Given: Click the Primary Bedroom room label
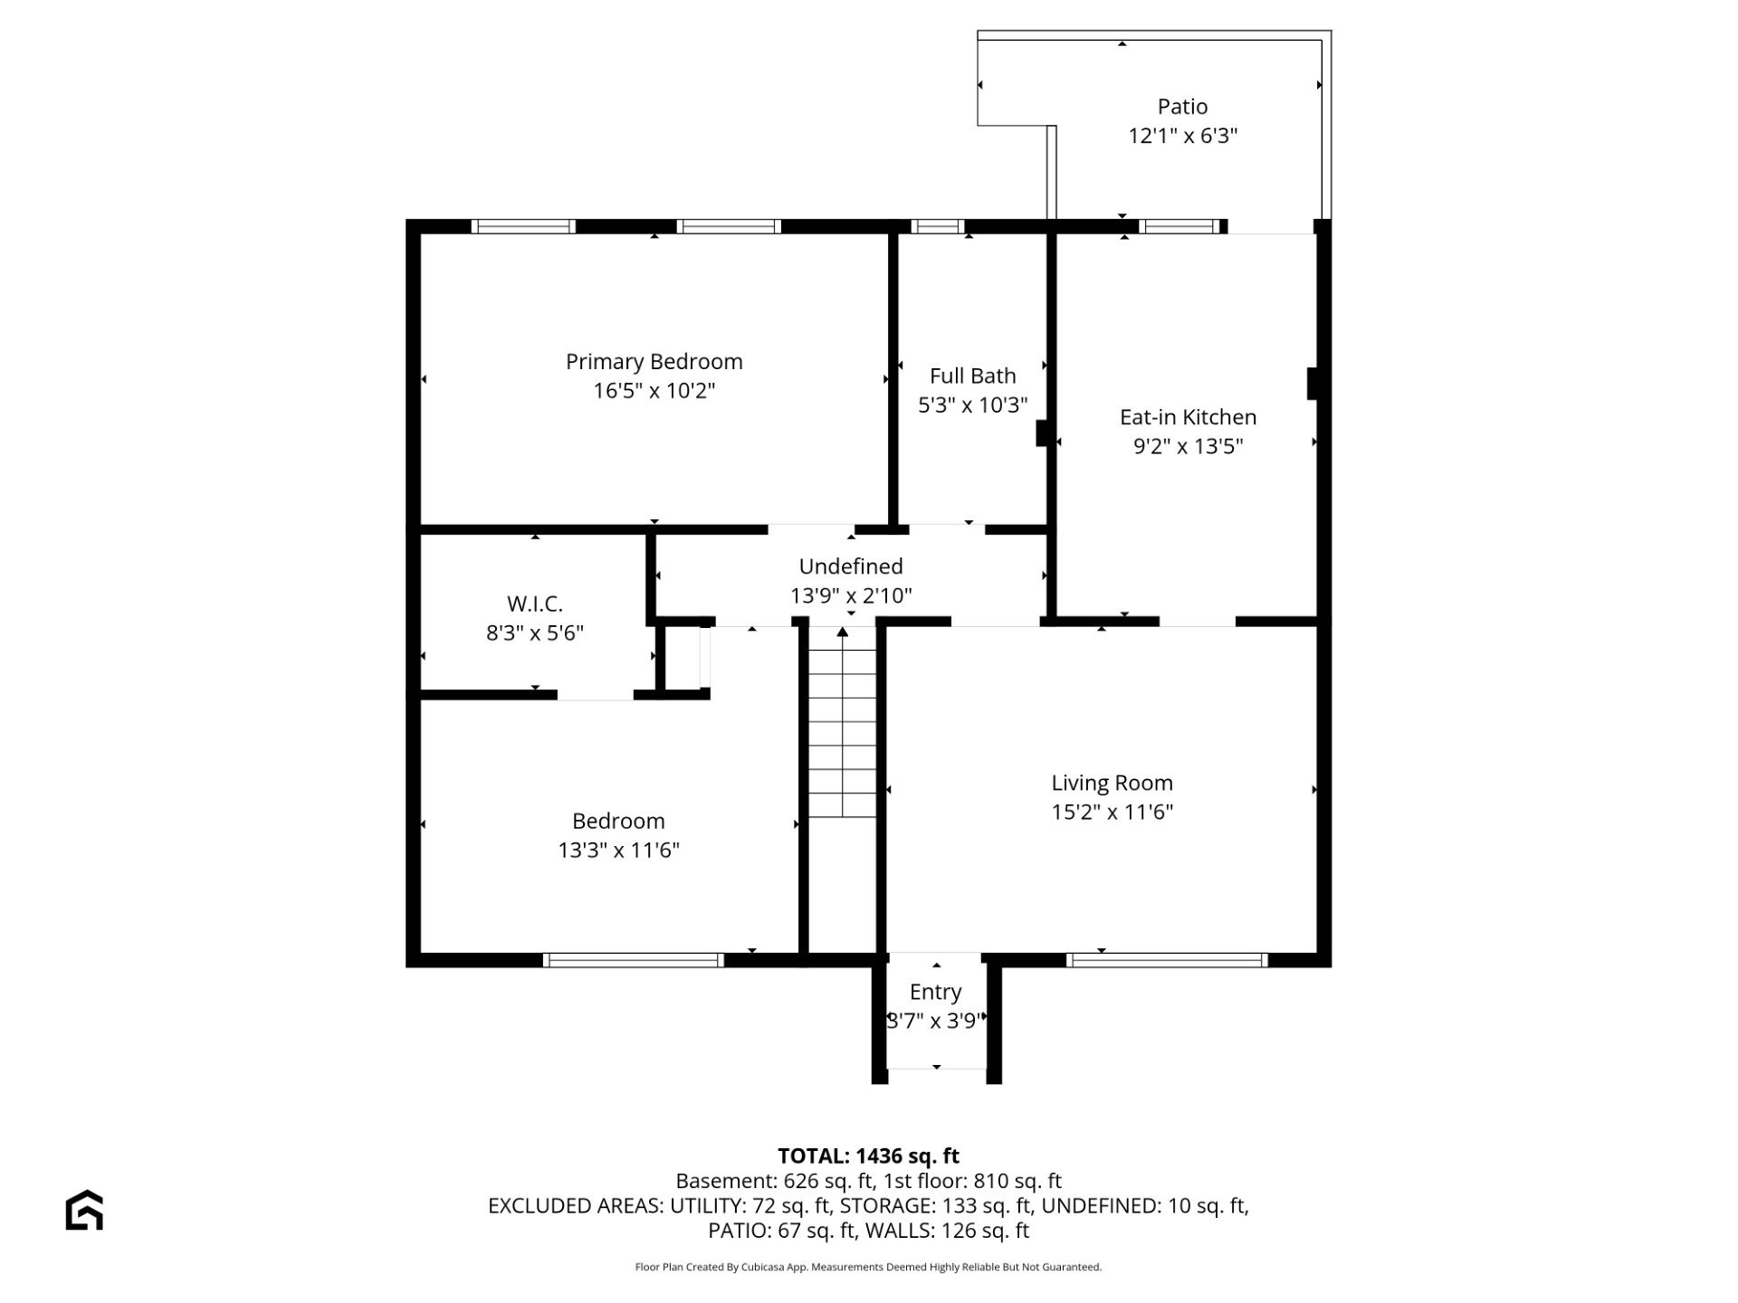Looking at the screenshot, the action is (x=654, y=362).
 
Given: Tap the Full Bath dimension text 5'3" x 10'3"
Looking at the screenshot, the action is (x=973, y=404).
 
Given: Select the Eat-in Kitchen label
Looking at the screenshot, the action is (x=1188, y=417).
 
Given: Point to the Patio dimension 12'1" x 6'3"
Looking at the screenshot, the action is (x=1182, y=136).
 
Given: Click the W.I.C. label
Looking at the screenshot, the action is (x=535, y=604).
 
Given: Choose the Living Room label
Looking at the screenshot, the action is (x=1112, y=783).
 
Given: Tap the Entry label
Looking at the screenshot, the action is (x=935, y=993).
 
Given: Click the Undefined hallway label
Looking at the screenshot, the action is (x=851, y=566).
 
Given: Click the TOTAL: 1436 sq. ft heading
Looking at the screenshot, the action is (x=868, y=1156).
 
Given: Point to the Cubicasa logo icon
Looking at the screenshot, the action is (x=84, y=1210).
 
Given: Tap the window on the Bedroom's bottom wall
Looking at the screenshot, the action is (x=634, y=960).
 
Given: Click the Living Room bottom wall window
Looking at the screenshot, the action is (x=1167, y=960).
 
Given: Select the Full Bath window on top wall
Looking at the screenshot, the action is (x=937, y=226).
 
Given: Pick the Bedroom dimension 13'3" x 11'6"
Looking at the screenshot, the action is (x=618, y=850).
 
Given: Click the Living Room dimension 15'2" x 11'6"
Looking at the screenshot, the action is (x=1112, y=812).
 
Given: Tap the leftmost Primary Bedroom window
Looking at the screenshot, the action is (x=526, y=226).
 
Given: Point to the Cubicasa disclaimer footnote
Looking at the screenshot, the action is (x=868, y=1267).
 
